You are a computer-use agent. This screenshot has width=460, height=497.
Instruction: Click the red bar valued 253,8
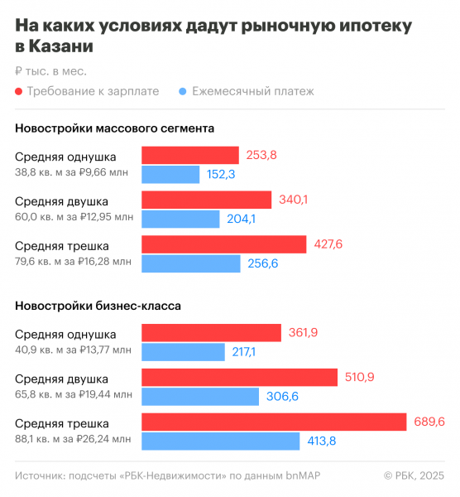pos(190,155)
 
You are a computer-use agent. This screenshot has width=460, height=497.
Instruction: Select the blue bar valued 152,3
pos(170,174)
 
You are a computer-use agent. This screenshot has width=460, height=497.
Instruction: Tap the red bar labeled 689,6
pos(274,422)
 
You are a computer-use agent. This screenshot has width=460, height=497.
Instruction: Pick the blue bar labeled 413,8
pos(220,441)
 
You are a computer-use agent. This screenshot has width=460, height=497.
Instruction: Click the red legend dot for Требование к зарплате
pos(19,91)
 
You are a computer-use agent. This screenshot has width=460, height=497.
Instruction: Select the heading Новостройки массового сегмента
pos(115,128)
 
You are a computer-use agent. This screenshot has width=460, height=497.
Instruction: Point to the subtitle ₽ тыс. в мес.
pos(50,71)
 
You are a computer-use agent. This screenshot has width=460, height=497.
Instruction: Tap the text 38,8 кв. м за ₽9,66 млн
pos(73,172)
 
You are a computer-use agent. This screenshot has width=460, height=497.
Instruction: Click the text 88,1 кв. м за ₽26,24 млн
pos(73,439)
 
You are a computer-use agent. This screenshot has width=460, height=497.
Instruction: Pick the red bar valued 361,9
pos(211,333)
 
